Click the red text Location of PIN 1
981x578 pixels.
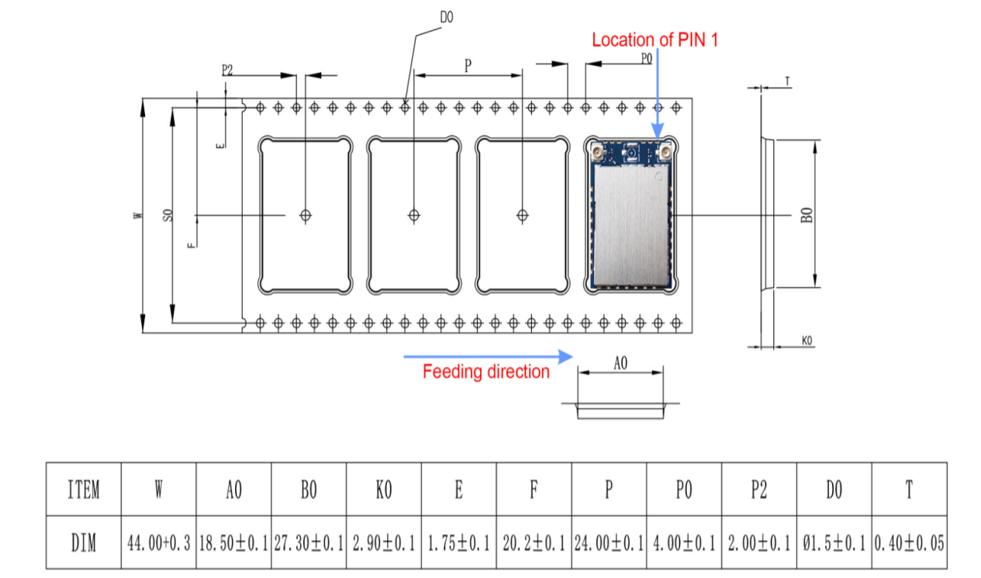(x=655, y=40)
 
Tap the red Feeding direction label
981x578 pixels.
(x=485, y=372)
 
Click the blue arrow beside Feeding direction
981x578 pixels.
(x=488, y=356)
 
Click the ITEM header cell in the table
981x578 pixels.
(x=84, y=490)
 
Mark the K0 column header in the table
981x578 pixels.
(x=384, y=490)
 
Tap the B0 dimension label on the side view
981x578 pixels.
(x=807, y=215)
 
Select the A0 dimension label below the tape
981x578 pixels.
(x=620, y=362)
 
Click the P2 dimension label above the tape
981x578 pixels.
(x=227, y=69)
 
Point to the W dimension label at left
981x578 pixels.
(x=137, y=216)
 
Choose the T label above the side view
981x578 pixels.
(x=787, y=81)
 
